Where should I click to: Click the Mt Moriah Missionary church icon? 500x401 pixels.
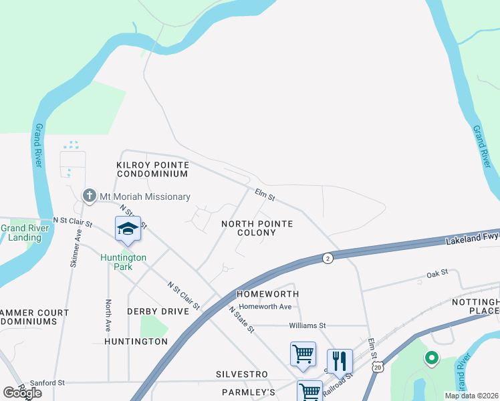(x=89, y=196)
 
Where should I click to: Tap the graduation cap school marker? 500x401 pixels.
(x=127, y=229)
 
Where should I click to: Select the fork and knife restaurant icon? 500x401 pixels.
(x=340, y=362)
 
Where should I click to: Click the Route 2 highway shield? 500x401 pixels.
(x=327, y=258)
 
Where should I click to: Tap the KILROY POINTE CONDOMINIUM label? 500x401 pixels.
(x=152, y=169)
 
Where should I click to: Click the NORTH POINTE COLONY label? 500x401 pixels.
(x=257, y=228)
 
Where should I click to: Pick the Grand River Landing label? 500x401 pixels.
(x=21, y=233)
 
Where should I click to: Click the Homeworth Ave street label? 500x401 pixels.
(x=265, y=307)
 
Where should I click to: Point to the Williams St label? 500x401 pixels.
(x=307, y=325)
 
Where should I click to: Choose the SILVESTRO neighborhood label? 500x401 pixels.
(x=241, y=374)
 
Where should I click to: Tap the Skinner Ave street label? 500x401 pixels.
(x=75, y=249)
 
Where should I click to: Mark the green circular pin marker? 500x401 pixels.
(x=431, y=358)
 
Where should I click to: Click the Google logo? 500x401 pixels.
(x=22, y=392)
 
